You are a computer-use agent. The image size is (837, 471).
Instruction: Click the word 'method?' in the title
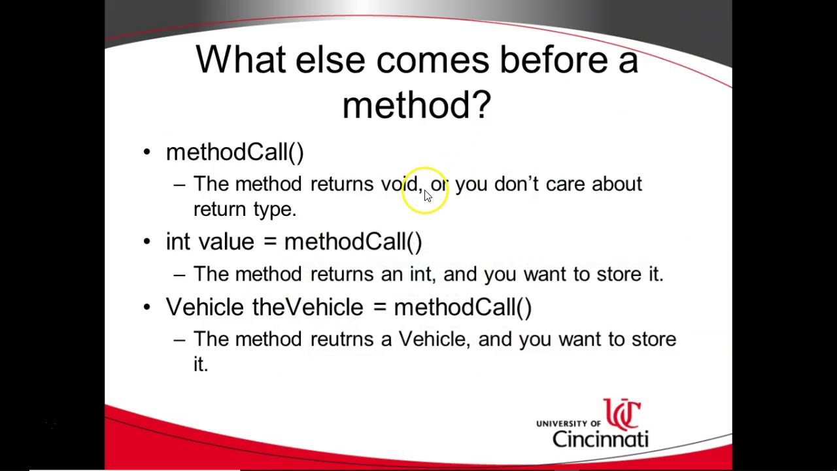pos(416,105)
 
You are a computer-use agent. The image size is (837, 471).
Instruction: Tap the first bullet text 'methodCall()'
pos(235,152)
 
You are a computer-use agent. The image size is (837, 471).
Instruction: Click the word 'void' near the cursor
pos(400,184)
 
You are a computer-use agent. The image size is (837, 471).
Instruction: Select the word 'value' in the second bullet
pos(226,241)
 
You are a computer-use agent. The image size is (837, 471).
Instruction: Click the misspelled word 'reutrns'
pos(341,339)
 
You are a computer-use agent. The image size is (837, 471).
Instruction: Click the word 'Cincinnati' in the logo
pos(600,438)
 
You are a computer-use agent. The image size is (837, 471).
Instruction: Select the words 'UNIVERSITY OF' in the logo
pos(568,424)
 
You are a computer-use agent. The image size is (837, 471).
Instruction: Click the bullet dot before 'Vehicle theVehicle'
pos(147,307)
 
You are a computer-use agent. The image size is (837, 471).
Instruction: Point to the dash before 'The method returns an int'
pos(179,275)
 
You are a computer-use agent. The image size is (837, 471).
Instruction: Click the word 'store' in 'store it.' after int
pos(619,274)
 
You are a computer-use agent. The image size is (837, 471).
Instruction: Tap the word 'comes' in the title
pos(432,60)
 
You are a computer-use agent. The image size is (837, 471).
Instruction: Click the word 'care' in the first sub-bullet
pos(565,184)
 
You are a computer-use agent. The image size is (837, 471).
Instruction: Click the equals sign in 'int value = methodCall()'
pos(269,242)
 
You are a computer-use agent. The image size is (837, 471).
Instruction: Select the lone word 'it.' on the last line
pos(200,364)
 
